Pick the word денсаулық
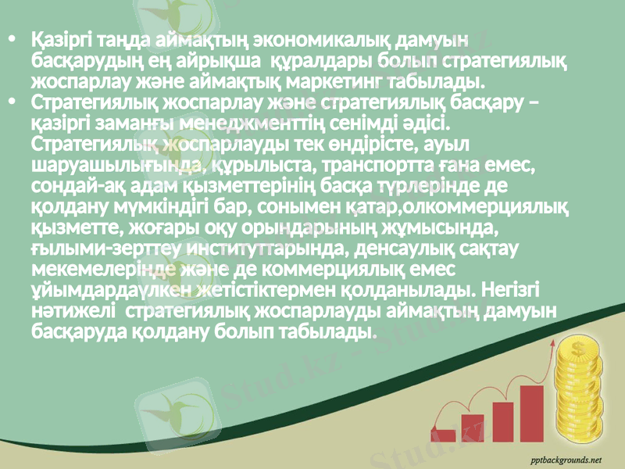coord(396,249)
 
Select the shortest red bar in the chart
coord(445,436)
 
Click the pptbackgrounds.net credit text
coord(566,459)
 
